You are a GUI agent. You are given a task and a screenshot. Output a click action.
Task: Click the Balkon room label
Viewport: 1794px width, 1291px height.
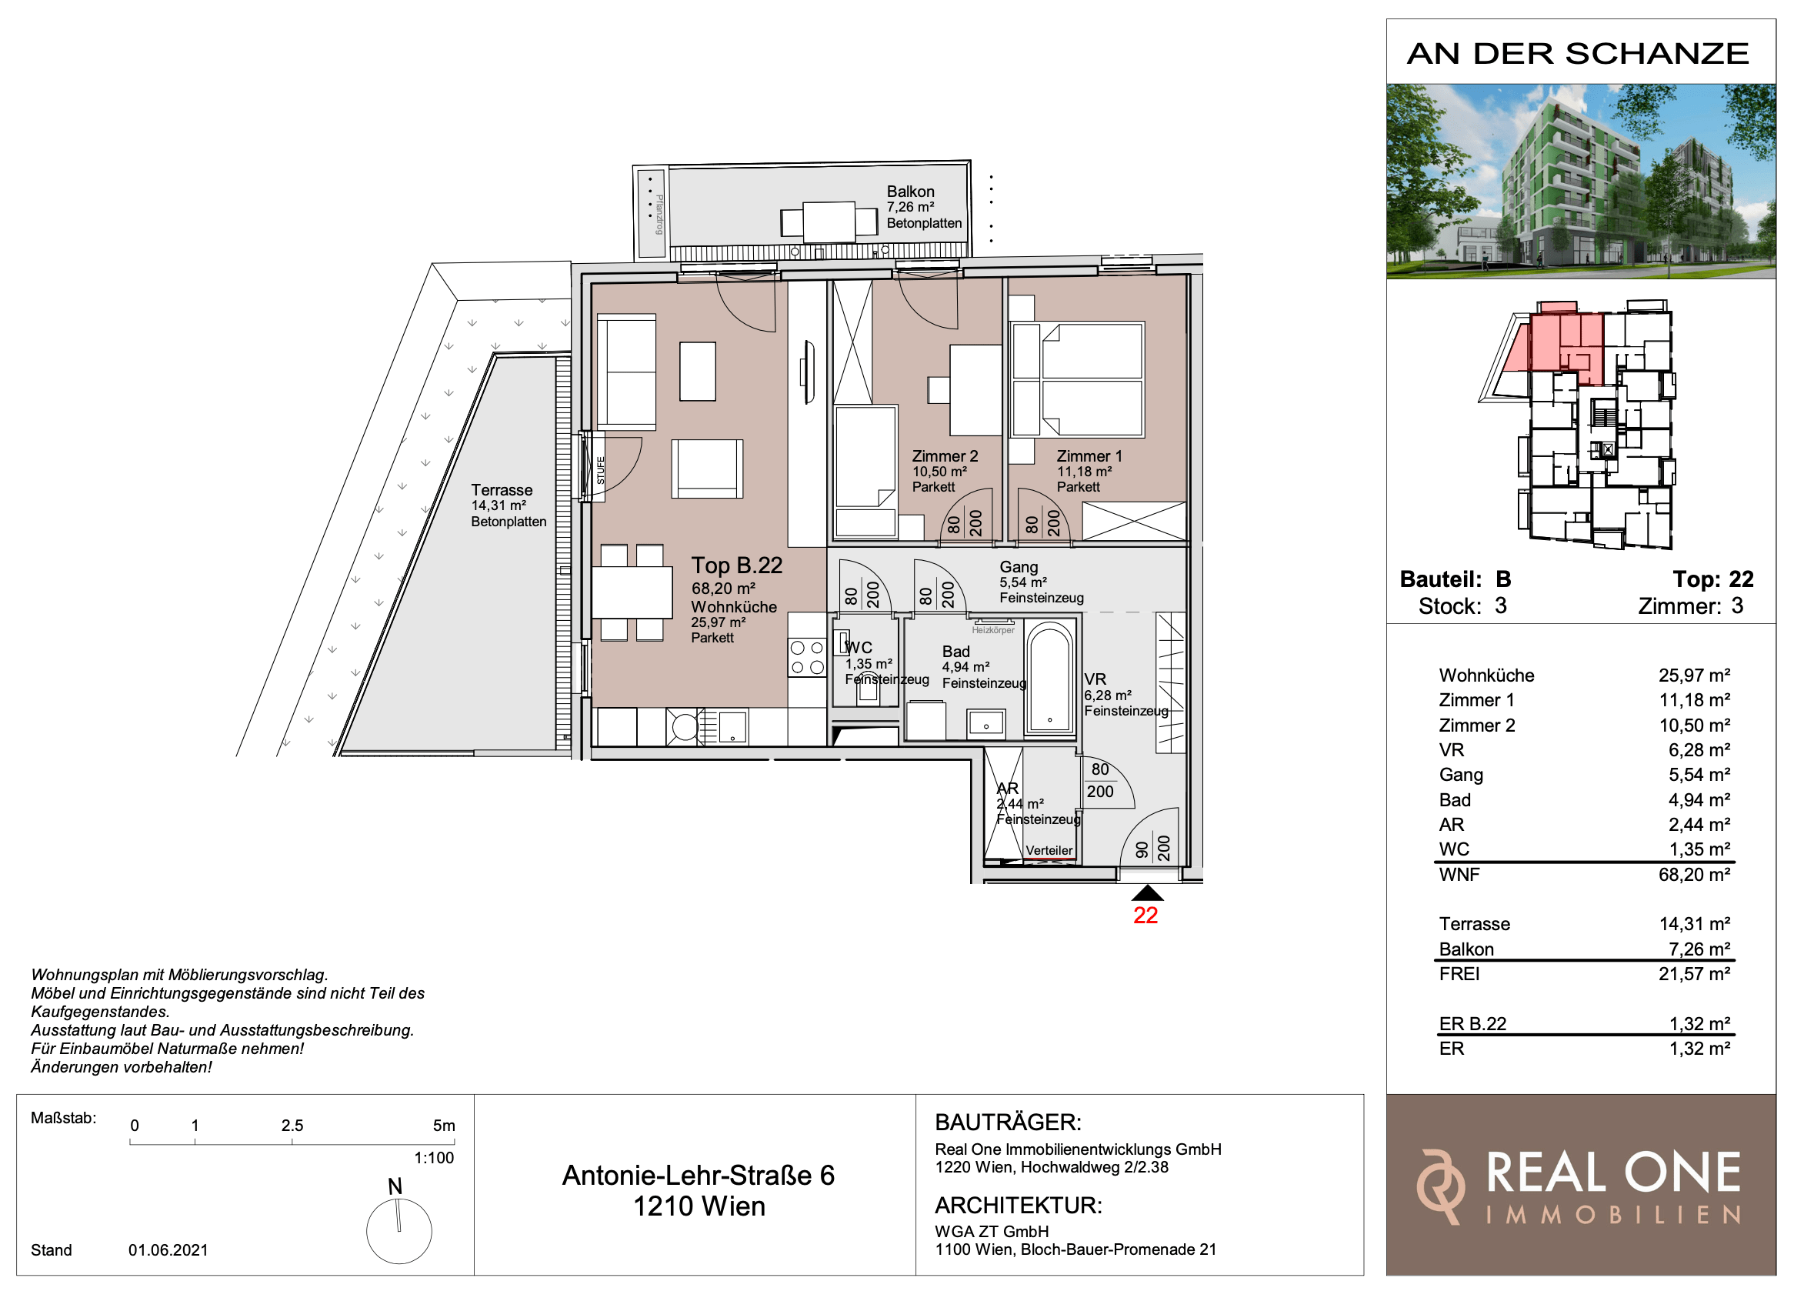click(x=909, y=192)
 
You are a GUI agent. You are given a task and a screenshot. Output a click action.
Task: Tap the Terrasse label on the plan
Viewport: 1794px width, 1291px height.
click(x=502, y=489)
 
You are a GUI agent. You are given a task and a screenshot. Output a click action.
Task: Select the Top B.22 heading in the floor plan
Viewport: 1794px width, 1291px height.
click(x=736, y=565)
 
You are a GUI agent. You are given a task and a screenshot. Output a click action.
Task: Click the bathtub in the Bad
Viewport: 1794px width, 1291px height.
click(x=1049, y=679)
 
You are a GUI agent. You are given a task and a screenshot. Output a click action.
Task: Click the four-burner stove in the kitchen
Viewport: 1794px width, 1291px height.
click(x=807, y=657)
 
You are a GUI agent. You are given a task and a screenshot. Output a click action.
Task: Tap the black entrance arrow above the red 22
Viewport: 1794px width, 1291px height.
click(x=1147, y=893)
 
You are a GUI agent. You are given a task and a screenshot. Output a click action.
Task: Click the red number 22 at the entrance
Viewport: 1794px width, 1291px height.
click(x=1145, y=916)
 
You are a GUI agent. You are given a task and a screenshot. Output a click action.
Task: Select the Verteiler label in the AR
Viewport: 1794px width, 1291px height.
click(x=1049, y=850)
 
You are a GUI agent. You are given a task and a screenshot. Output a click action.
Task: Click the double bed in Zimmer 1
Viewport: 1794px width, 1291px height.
click(x=1092, y=379)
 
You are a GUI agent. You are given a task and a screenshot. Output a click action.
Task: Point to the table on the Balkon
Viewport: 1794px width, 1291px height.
click(x=829, y=222)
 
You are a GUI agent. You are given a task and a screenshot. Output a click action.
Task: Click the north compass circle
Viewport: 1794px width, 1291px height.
click(x=398, y=1232)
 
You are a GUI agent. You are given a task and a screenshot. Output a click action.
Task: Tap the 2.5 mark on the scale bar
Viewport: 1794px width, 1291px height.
click(x=292, y=1125)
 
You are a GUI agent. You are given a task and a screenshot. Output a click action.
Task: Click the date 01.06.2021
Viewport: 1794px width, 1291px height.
click(x=168, y=1250)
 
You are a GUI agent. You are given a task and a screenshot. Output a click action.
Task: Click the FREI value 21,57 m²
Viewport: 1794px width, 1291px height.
click(x=1694, y=974)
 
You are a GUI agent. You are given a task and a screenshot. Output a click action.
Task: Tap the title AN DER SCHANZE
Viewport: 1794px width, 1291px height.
click(x=1578, y=54)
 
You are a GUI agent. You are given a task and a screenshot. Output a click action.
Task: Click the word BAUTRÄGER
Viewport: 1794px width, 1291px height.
click(x=1008, y=1122)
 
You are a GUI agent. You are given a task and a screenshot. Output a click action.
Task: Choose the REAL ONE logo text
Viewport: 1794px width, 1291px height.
click(x=1614, y=1173)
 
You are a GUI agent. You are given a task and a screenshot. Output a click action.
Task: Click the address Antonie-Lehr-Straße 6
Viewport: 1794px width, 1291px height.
click(x=699, y=1176)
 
